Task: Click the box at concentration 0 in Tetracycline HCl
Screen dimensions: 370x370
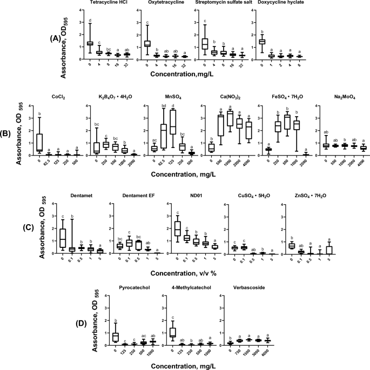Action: pyautogui.click(x=90, y=43)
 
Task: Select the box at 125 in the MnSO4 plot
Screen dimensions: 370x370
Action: pyautogui.click(x=172, y=129)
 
